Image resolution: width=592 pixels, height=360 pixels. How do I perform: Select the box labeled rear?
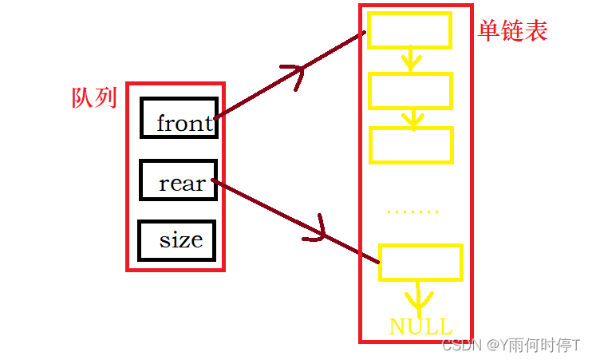tap(177, 180)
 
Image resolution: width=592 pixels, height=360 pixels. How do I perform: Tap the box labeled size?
tap(177, 239)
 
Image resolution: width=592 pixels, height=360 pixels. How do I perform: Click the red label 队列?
tap(94, 98)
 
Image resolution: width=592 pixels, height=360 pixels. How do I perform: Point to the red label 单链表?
tap(513, 31)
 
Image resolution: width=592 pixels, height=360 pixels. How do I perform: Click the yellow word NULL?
tap(420, 326)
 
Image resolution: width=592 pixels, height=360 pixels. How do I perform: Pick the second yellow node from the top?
tap(410, 90)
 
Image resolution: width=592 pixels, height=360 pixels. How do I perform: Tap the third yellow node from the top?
tap(410, 144)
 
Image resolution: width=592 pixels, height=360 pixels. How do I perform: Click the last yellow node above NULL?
tap(420, 263)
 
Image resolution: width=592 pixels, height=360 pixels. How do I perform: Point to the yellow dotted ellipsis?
tap(412, 212)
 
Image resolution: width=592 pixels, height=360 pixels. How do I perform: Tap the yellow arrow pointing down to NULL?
tap(417, 299)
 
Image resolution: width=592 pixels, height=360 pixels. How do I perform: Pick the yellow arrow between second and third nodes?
tap(412, 118)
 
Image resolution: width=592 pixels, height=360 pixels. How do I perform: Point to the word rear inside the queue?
tap(182, 184)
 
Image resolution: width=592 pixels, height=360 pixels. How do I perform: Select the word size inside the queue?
tap(180, 239)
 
